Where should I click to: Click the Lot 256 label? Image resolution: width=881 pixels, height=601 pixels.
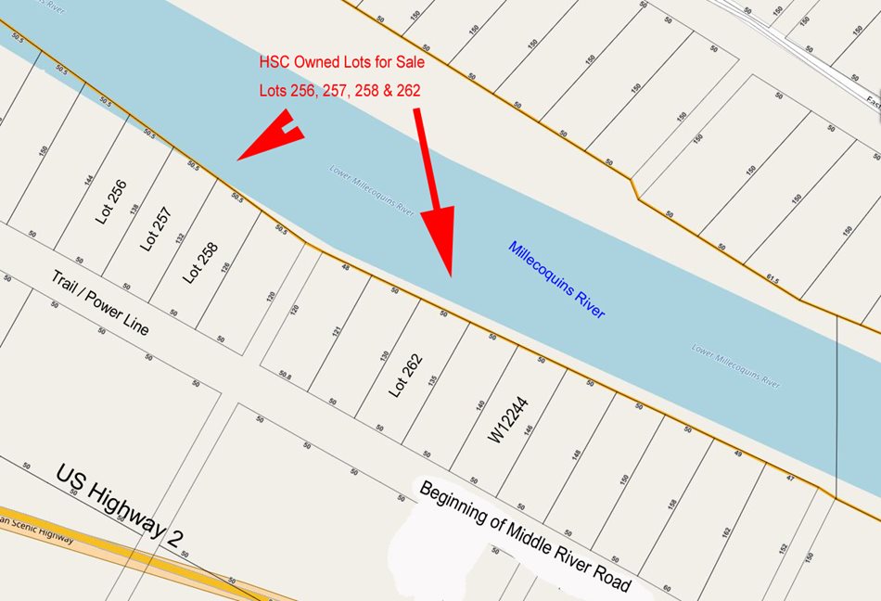(111, 202)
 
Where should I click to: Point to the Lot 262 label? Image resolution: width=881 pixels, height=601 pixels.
(405, 375)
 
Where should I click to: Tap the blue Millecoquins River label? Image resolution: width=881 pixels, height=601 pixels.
(555, 280)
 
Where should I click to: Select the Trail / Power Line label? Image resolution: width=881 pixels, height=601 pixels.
(99, 303)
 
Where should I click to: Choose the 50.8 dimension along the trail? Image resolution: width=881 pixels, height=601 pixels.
(285, 375)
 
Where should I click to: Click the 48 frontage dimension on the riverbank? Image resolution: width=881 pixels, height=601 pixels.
(345, 268)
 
